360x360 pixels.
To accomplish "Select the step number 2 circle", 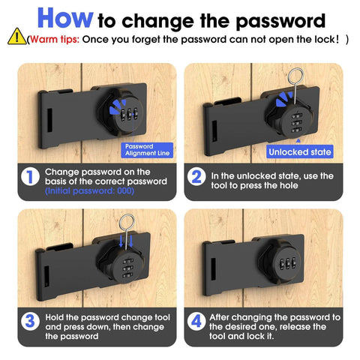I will tap(196, 176).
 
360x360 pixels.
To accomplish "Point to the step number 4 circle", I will tap(196, 321).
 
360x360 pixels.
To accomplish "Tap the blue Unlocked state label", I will tap(298, 151).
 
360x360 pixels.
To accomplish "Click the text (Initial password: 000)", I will tap(89, 191).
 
